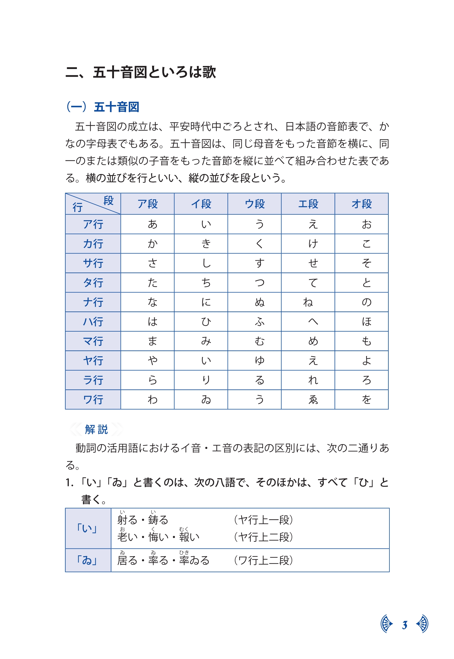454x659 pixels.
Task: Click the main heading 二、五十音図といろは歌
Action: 141,72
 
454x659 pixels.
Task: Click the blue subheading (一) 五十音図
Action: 103,107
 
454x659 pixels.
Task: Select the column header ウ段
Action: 255,204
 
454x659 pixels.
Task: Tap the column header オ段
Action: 361,204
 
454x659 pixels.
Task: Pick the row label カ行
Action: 93,244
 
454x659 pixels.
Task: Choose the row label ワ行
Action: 93,400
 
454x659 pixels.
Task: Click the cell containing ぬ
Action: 260,302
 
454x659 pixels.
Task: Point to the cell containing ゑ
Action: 313,400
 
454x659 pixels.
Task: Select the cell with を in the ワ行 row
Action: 366,400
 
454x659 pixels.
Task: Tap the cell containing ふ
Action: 260,322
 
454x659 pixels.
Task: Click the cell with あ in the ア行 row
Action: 152,224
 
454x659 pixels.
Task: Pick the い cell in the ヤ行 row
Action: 206,361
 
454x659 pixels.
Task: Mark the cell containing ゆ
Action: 260,361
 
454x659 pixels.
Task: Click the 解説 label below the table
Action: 96,429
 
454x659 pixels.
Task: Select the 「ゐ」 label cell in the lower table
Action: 88,560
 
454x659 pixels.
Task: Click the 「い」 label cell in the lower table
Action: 88,528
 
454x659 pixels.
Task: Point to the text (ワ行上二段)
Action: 263,560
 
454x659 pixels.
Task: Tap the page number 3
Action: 405,625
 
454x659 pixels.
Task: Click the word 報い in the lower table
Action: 189,537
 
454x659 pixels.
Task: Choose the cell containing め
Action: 313,341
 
